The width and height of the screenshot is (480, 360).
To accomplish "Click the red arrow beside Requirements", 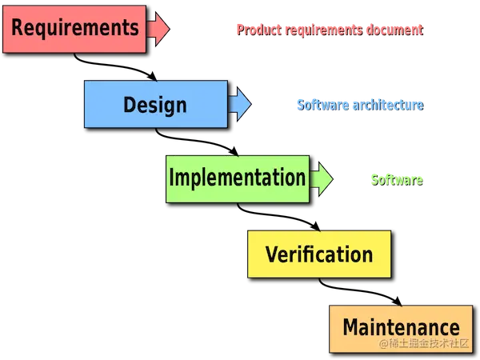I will (159, 29).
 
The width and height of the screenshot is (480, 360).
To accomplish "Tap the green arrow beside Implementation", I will (322, 178).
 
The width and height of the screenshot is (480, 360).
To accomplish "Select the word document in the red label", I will (394, 30).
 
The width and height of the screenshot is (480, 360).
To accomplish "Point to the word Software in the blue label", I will (320, 104).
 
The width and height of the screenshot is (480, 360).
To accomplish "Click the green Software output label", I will (396, 179).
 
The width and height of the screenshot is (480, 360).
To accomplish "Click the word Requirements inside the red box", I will (75, 28).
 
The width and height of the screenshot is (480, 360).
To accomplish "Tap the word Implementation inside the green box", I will (237, 178).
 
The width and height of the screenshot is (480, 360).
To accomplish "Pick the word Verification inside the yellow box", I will (319, 254).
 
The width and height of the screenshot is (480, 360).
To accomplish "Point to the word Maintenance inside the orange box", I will (401, 327).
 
